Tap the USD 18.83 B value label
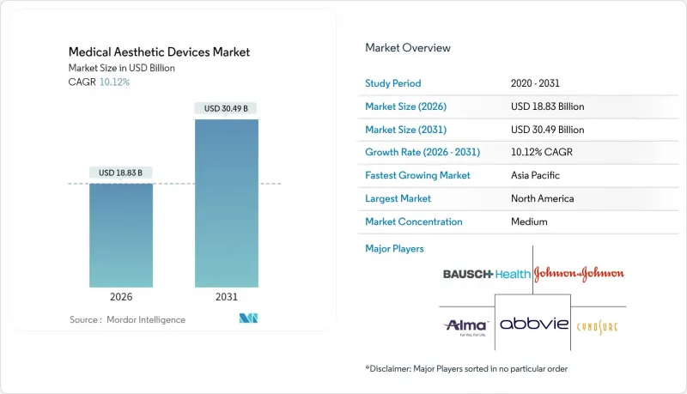121,173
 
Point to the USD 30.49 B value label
227,108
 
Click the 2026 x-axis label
121,298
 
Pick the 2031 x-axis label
227,298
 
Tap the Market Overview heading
408,48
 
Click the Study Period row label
392,83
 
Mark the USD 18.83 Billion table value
547,106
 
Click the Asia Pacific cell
536,175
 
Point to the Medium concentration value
529,221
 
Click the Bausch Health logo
485,275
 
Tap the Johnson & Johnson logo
579,274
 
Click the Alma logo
467,325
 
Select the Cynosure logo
596,325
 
